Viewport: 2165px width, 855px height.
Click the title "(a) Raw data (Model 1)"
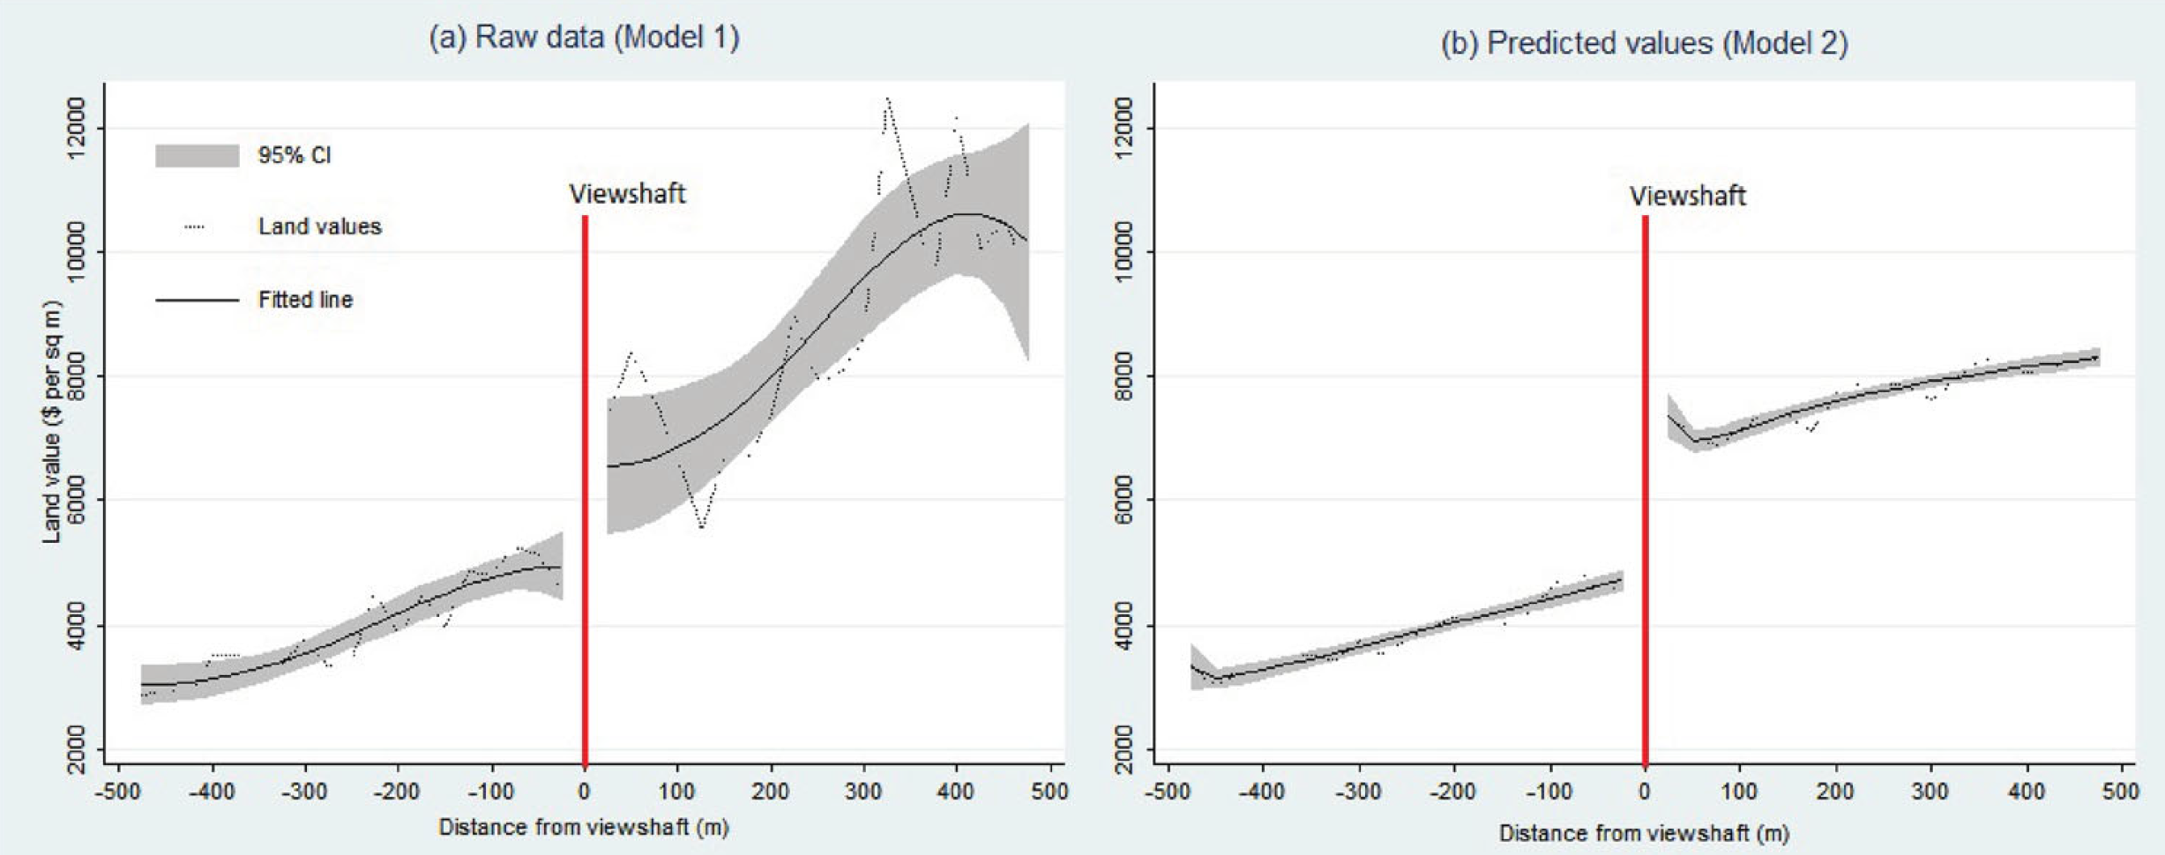pos(584,37)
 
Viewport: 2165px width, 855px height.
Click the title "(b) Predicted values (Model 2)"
pos(1644,42)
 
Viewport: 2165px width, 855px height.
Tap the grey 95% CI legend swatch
pos(197,156)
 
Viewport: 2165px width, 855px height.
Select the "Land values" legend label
pos(319,227)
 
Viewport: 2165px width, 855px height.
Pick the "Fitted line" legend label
pos(305,300)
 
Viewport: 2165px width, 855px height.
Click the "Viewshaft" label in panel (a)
pos(627,194)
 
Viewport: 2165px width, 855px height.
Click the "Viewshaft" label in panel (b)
pos(1687,196)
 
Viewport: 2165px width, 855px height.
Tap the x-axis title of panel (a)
pos(583,827)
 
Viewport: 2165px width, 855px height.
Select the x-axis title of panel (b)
pos(1644,832)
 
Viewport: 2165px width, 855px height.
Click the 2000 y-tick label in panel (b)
pos(1124,749)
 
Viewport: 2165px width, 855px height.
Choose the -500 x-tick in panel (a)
pos(117,792)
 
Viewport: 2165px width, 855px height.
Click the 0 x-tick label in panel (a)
pos(584,792)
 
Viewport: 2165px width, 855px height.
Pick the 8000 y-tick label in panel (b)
pos(1124,376)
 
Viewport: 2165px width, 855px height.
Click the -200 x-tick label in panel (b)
pos(1452,792)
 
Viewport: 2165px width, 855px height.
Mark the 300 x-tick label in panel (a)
pos(863,792)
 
